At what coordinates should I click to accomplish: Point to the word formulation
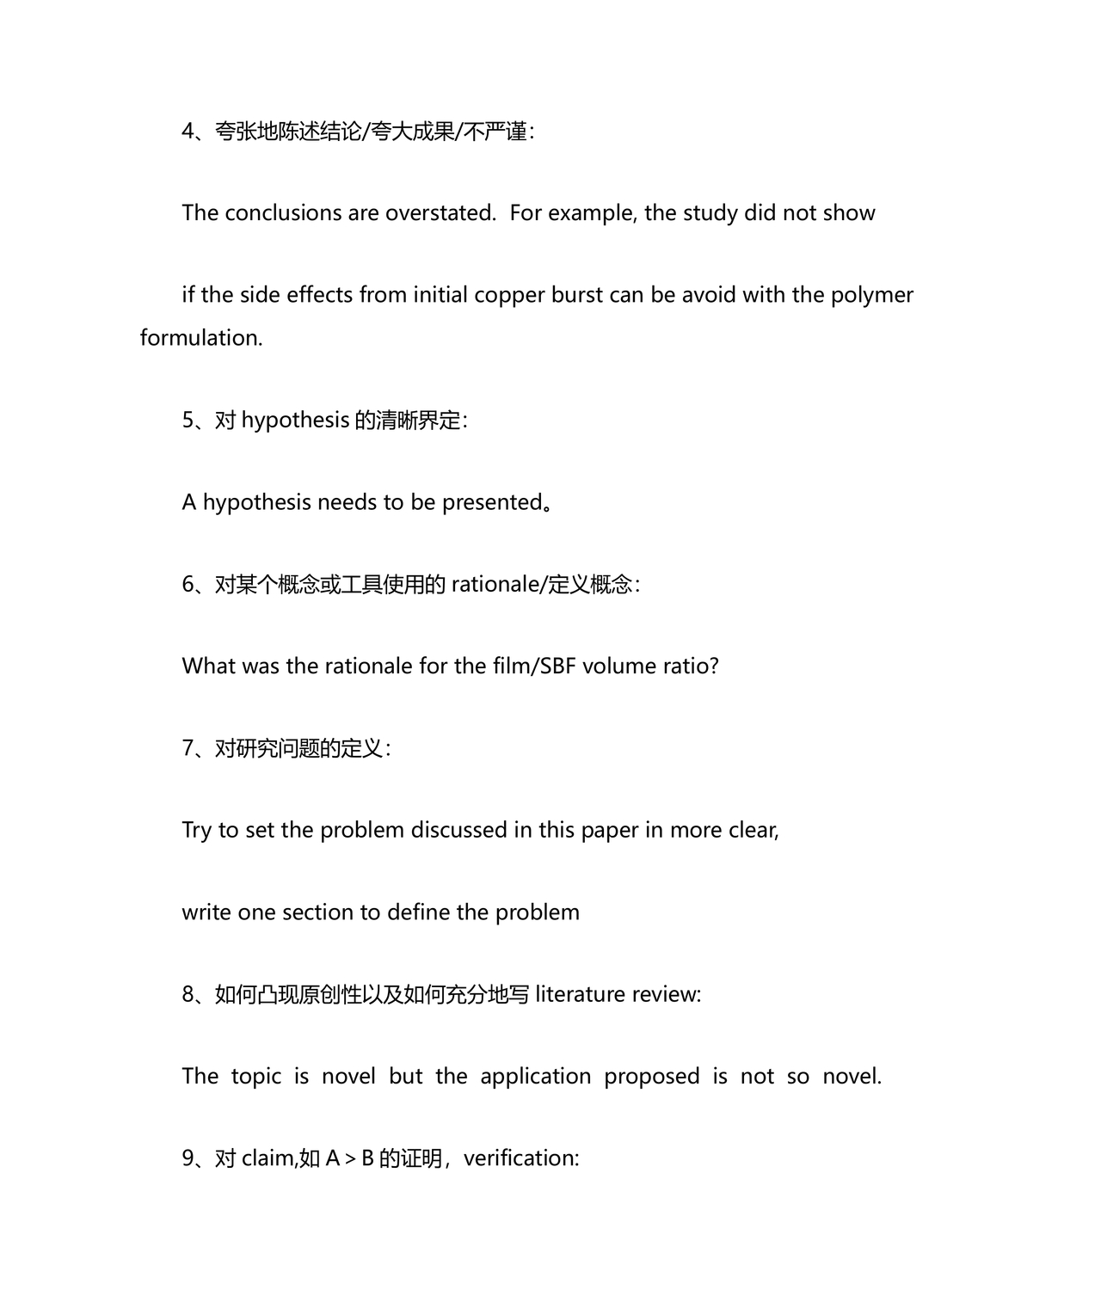(x=201, y=338)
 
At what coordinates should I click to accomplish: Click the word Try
(x=196, y=831)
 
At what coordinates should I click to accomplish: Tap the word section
(x=317, y=912)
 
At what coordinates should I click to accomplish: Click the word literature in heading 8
(x=581, y=994)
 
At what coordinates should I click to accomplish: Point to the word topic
(x=255, y=1077)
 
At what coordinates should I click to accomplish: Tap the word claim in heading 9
(x=268, y=1158)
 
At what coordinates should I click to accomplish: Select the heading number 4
(x=188, y=132)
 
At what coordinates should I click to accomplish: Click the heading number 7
(x=188, y=748)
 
